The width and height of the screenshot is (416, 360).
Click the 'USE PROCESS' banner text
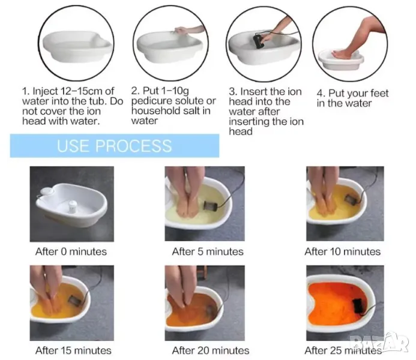114,146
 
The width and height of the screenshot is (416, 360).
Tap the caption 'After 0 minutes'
71,251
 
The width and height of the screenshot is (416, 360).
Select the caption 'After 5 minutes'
208,251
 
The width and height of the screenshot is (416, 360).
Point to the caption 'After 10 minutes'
343,251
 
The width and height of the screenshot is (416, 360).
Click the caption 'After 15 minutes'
73,350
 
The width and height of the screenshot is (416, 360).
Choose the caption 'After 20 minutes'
211,350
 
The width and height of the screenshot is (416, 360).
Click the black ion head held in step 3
258,41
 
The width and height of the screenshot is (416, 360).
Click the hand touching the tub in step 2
181,30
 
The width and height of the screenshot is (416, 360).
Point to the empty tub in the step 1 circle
77,46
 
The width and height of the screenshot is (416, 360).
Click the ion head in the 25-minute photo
359,306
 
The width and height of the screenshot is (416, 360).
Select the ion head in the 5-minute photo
210,205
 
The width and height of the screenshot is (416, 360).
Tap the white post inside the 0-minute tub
72,206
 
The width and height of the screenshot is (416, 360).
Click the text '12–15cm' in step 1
82,91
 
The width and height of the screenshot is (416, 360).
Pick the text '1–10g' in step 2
175,91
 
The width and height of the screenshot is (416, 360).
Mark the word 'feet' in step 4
379,93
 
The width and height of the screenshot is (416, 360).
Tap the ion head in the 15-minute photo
73,301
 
